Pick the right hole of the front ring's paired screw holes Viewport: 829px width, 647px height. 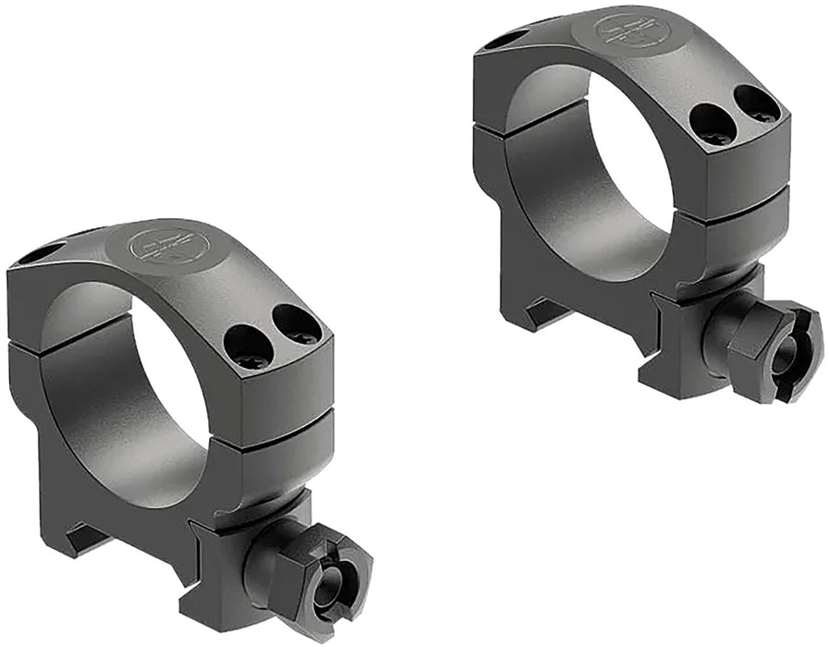coord(296,323)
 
